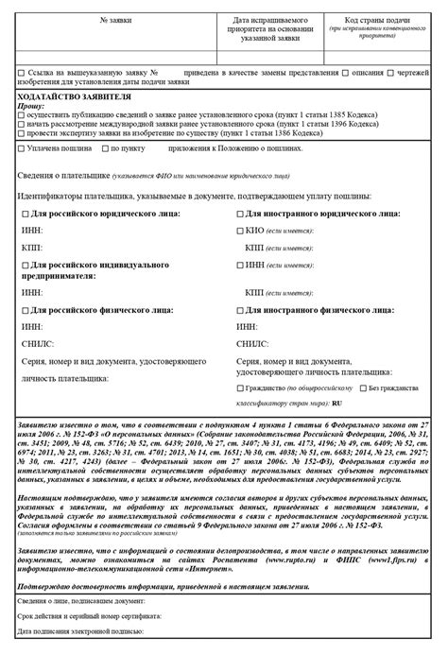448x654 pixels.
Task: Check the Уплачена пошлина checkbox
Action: coord(22,148)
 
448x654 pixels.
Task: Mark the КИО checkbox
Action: coord(240,230)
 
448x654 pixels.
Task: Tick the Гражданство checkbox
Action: coord(240,387)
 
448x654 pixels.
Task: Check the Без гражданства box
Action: coord(362,387)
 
